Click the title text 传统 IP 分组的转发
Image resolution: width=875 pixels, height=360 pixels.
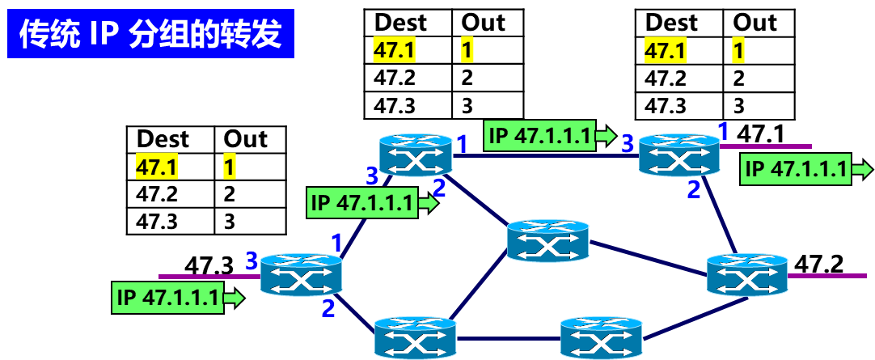pos(150,34)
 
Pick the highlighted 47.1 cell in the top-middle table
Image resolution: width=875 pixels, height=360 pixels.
pos(395,51)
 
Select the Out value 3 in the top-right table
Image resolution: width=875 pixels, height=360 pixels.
pos(739,106)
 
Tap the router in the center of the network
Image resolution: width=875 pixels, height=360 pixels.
pos(547,239)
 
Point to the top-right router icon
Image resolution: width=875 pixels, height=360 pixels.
pos(678,155)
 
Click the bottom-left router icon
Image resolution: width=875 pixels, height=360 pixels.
pos(416,337)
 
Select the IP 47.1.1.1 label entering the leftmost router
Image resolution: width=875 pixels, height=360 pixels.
pos(168,298)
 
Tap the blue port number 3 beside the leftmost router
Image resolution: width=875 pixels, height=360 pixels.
pos(252,260)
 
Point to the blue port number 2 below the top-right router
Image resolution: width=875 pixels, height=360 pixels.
pos(694,191)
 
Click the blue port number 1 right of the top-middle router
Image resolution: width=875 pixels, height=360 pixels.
pos(462,146)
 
